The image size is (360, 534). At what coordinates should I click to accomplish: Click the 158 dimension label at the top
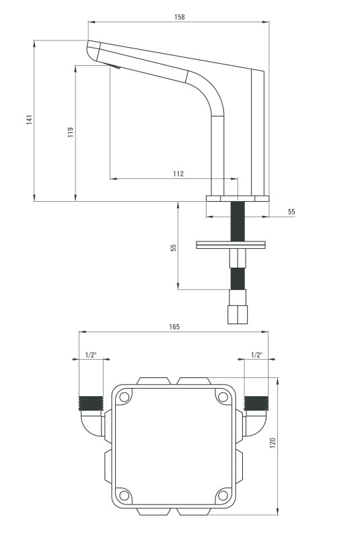179,17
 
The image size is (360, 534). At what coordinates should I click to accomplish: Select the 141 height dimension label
30,120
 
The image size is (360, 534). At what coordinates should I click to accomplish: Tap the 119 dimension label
71,132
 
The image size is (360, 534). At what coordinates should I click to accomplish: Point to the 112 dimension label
178,174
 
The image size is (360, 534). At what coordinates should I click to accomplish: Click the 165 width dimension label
174,327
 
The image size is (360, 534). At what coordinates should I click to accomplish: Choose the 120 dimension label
273,443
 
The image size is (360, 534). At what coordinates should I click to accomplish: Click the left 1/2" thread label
91,355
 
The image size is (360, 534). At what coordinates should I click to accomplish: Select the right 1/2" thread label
257,355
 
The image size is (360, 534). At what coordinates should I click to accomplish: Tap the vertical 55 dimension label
174,247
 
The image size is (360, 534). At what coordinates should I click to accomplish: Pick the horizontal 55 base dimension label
291,212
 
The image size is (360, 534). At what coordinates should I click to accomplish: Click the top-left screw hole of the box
124,397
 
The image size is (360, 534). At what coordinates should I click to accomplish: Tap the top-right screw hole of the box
223,397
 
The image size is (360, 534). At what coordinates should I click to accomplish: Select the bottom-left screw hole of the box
124,495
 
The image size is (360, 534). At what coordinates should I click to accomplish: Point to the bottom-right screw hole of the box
223,495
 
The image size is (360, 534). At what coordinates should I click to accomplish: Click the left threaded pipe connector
91,404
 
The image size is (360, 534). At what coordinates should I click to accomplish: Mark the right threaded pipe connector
256,404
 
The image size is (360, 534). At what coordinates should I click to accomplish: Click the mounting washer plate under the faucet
231,245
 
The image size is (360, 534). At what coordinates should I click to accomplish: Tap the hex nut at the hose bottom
238,314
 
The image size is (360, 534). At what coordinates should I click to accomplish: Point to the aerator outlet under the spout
114,66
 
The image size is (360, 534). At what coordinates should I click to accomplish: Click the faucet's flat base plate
238,198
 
